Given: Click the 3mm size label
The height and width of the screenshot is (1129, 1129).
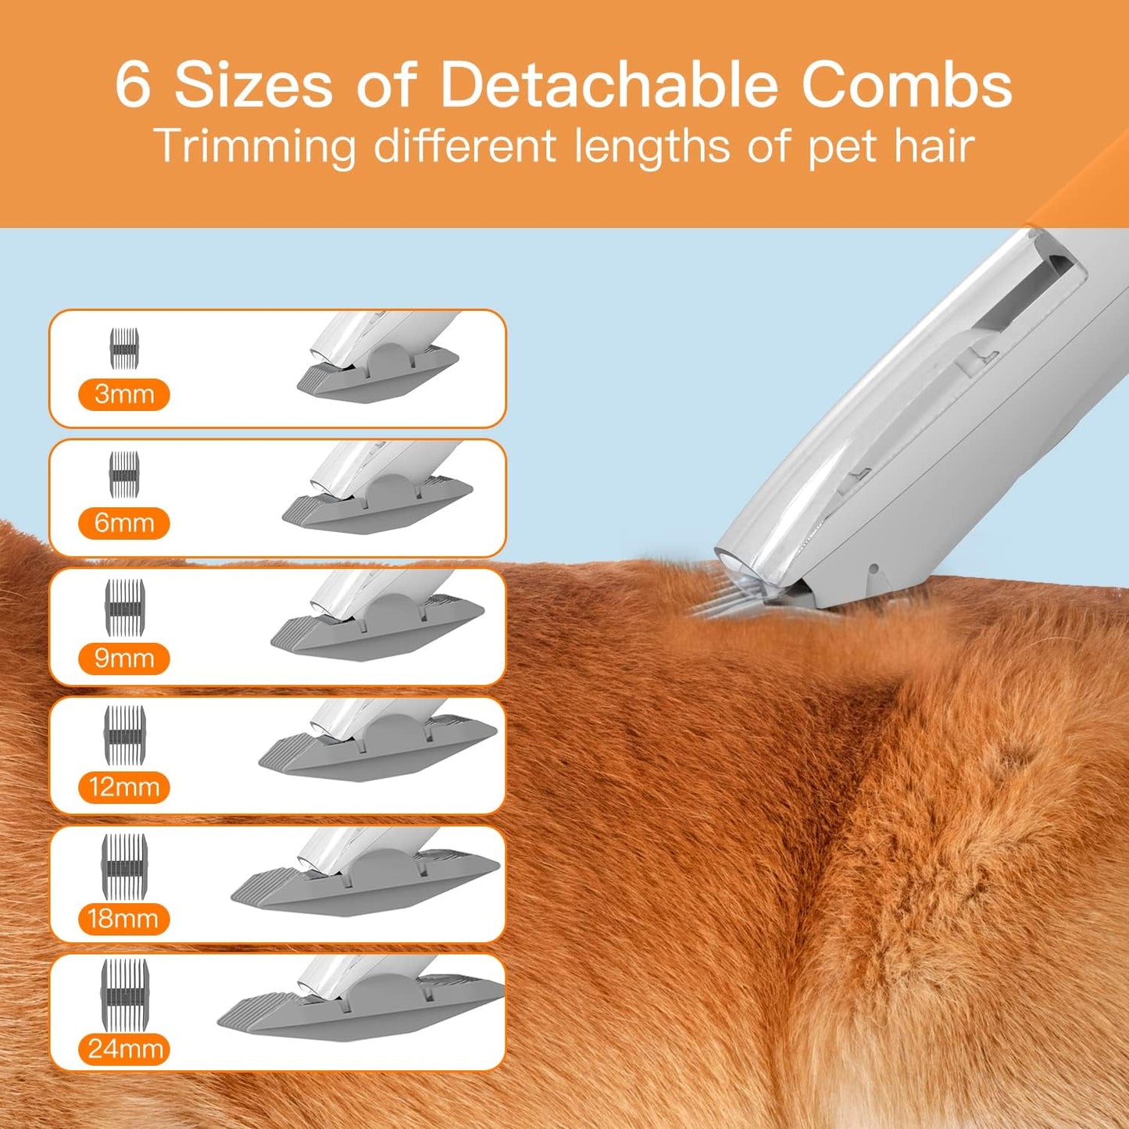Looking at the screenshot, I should (123, 395).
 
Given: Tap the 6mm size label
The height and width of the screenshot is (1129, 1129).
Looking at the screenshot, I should (123, 523).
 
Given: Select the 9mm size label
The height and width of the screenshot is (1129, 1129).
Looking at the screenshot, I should (123, 659).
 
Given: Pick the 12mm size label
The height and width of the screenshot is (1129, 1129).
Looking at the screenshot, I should (123, 787).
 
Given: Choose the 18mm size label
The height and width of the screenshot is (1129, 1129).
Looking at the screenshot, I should (123, 919).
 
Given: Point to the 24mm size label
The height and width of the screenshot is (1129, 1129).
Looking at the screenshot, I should (125, 1049).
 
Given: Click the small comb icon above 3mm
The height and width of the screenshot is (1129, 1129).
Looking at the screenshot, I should (124, 348).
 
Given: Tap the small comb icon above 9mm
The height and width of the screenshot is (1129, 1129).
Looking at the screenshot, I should (125, 607).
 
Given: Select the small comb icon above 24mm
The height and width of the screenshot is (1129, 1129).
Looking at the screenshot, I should (124, 993).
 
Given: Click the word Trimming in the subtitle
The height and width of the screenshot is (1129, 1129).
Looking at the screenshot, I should (255, 147).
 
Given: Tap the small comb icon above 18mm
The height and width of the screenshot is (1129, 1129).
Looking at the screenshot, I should (124, 864).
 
